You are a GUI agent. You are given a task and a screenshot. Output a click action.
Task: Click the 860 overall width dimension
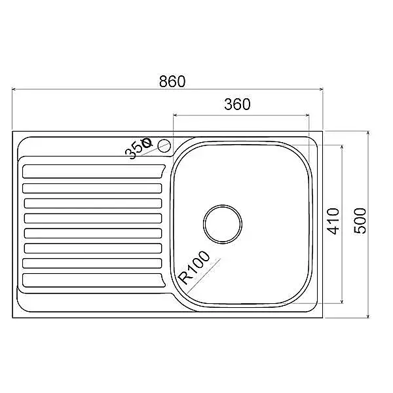[x=172, y=81]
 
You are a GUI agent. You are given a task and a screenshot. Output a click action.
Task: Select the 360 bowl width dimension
[x=237, y=104]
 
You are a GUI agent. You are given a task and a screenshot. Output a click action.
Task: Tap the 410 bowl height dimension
[x=334, y=221]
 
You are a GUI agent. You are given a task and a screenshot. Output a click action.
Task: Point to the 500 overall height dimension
[x=360, y=221]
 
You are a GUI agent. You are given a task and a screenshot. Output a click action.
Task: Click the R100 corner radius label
[x=195, y=268]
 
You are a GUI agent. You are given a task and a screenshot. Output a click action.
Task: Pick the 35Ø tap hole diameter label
[x=139, y=149]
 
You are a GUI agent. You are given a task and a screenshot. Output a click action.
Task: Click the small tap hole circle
[x=164, y=146]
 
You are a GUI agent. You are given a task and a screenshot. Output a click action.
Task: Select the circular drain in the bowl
[x=222, y=224]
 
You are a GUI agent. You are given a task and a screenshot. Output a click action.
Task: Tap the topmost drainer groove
[x=93, y=172]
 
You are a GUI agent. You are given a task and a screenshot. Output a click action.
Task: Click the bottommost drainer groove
[x=93, y=280]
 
